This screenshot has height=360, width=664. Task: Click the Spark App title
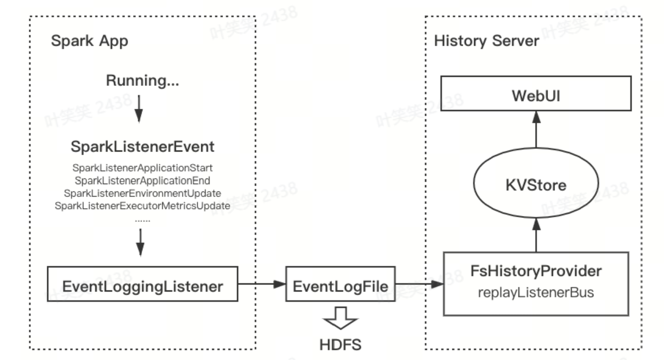(89, 42)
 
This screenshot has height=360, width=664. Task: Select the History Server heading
(487, 42)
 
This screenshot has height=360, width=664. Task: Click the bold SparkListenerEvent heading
(142, 147)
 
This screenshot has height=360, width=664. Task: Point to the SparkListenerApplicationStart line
(143, 169)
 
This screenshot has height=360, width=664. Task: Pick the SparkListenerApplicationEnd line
(142, 181)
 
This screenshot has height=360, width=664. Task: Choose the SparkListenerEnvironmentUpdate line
(143, 193)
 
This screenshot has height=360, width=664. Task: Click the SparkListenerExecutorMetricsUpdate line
(142, 205)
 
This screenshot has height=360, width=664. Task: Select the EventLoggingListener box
(143, 284)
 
